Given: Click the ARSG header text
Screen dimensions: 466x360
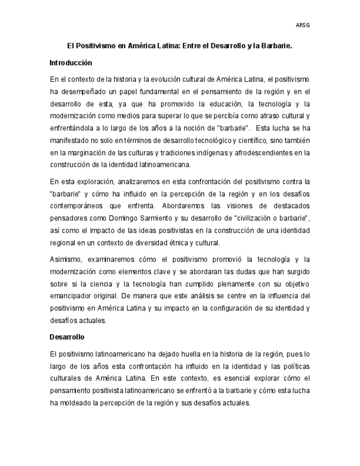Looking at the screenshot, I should [303, 25].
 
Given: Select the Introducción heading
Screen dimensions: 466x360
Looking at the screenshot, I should [70, 63].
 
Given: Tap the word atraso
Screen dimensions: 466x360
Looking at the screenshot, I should [263, 115].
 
